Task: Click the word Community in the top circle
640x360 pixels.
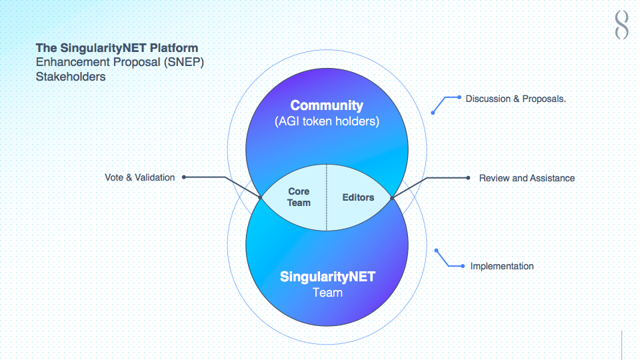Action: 327,106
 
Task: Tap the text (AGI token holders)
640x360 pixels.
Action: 327,121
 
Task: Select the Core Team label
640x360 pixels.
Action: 299,197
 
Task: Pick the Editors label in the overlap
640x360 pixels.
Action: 358,197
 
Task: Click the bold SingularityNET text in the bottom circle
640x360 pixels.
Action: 327,277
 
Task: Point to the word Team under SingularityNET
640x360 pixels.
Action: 327,293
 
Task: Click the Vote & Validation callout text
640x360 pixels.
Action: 139,177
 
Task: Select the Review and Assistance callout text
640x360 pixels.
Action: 527,178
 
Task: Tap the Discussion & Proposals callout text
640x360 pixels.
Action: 515,99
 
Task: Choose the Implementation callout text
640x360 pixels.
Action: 501,266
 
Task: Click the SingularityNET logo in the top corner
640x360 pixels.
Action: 621,25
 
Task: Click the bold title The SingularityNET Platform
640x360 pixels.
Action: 117,48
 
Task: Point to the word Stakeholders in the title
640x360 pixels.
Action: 71,77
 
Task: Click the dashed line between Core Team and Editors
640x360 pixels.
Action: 327,197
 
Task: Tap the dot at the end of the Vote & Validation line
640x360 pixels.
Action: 184,177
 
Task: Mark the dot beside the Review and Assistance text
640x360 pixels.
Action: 468,177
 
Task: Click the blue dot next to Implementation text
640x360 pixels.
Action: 463,266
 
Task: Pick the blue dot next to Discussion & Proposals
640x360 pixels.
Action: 459,97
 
